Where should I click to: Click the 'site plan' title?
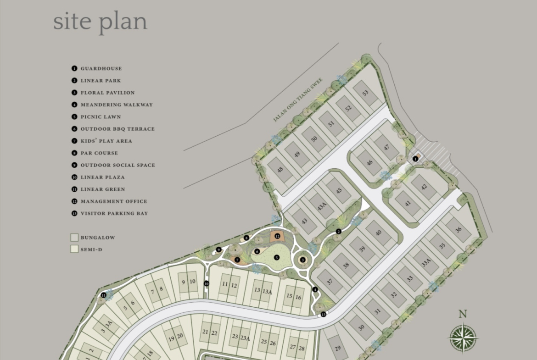coord(101,22)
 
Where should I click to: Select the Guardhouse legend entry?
coord(97,68)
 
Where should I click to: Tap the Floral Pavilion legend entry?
coord(103,92)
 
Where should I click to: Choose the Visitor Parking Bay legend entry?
coord(110,213)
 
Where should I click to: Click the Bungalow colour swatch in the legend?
coord(74,237)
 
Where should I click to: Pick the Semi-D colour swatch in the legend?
coord(74,249)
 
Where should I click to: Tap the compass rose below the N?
coord(463,338)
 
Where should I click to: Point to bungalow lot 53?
coord(365,93)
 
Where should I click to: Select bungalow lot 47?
coord(386,148)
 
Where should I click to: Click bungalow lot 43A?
coord(322,206)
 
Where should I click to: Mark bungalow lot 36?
coord(459,230)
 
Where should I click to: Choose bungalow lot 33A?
coord(426,263)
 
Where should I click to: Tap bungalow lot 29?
coord(338,348)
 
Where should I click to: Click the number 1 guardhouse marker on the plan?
coord(415,159)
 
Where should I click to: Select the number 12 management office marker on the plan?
coord(277,236)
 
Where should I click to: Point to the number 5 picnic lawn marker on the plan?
coord(277,257)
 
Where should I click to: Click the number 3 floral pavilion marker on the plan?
coord(303,260)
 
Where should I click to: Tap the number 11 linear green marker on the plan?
coord(104,295)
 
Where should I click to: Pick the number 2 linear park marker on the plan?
coord(339,232)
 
